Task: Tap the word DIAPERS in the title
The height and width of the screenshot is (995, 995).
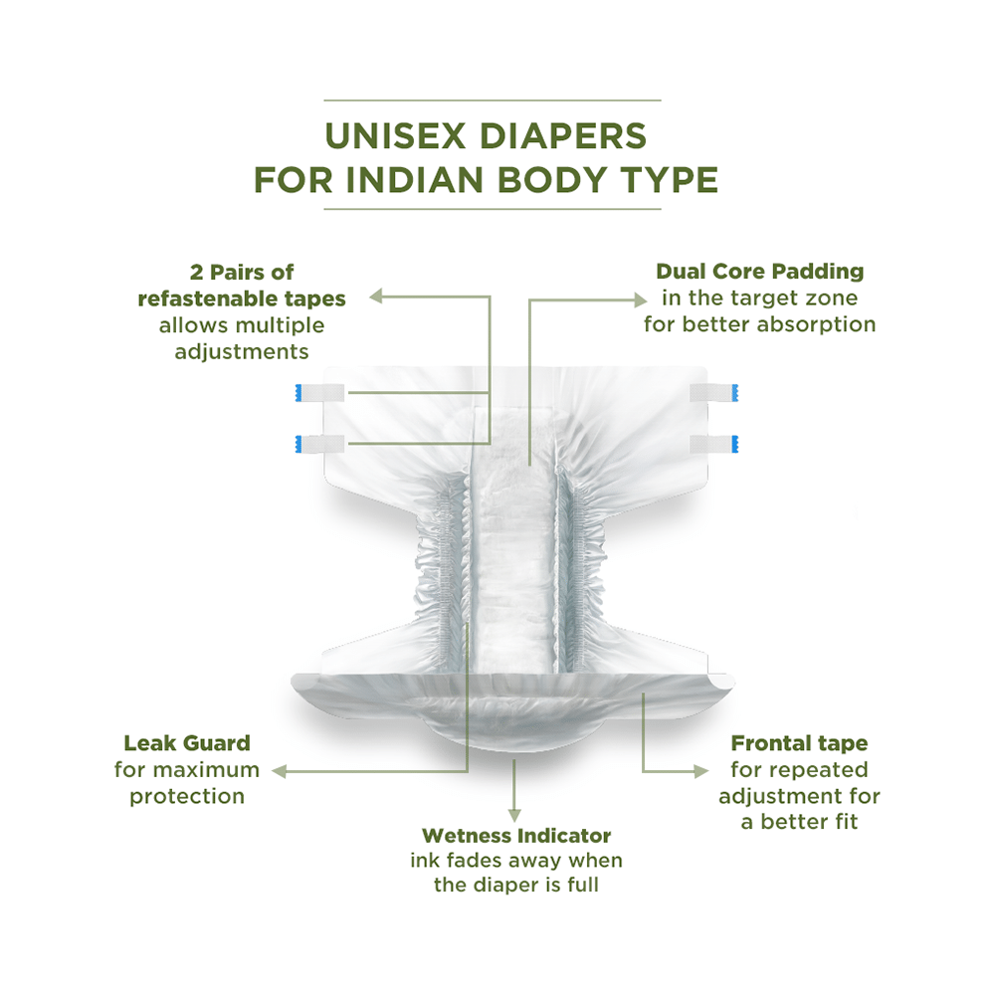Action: pyautogui.click(x=563, y=135)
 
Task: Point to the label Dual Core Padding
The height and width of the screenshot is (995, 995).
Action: pyautogui.click(x=759, y=272)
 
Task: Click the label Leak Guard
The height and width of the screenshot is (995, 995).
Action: pyautogui.click(x=187, y=743)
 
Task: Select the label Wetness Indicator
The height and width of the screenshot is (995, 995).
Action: pyautogui.click(x=516, y=836)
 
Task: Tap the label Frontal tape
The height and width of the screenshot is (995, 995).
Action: pyautogui.click(x=800, y=743)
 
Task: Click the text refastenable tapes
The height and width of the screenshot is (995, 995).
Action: pyautogui.click(x=242, y=298)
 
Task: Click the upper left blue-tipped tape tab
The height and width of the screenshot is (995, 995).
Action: pyautogui.click(x=319, y=393)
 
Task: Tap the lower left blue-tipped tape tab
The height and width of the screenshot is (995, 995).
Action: pyautogui.click(x=319, y=444)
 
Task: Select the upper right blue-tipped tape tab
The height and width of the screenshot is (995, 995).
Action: pyautogui.click(x=714, y=393)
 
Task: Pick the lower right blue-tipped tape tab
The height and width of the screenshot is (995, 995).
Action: pyautogui.click(x=714, y=444)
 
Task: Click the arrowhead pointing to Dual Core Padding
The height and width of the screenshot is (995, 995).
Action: pyautogui.click(x=640, y=299)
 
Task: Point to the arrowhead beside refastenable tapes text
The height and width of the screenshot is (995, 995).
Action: pyautogui.click(x=376, y=296)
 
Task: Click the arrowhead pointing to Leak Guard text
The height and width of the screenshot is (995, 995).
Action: pyautogui.click(x=280, y=772)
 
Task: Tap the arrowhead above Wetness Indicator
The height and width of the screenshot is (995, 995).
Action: pyautogui.click(x=514, y=816)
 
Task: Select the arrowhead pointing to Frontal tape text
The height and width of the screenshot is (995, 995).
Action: pyautogui.click(x=701, y=772)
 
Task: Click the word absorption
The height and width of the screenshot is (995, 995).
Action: pyautogui.click(x=817, y=325)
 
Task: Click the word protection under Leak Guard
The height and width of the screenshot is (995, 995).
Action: pyautogui.click(x=187, y=797)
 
